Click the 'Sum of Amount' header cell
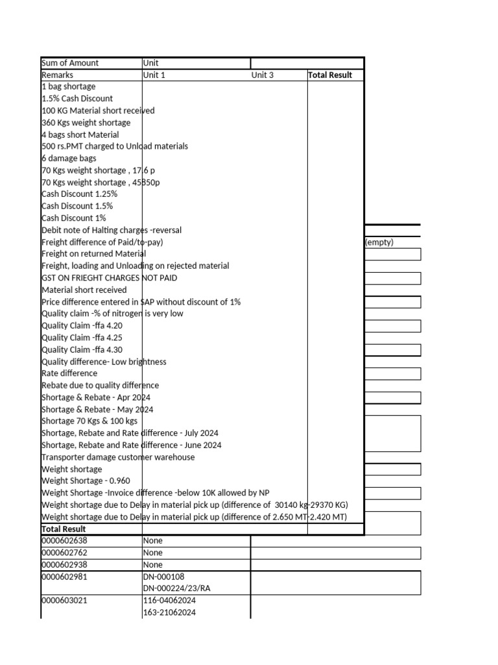pyautogui.click(x=70, y=63)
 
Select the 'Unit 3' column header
pyautogui.click(x=263, y=75)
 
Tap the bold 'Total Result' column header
pyautogui.click(x=330, y=75)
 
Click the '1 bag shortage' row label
pyautogui.click(x=69, y=87)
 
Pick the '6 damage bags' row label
pyautogui.click(x=69, y=158)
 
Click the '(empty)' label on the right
pyautogui.click(x=379, y=242)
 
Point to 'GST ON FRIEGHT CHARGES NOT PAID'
pyautogui.click(x=109, y=278)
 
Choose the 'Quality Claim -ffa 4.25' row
pyautogui.click(x=82, y=338)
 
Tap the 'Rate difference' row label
pyautogui.click(x=69, y=373)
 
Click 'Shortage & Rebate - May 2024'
pyautogui.click(x=97, y=410)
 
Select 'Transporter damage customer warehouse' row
pyautogui.click(x=118, y=457)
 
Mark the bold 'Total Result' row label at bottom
pyautogui.click(x=64, y=529)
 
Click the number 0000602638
pyautogui.click(x=65, y=541)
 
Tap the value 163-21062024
pyautogui.click(x=169, y=613)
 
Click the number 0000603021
pyautogui.click(x=65, y=601)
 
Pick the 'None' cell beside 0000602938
pyautogui.click(x=152, y=565)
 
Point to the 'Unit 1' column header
pyautogui.click(x=154, y=75)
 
